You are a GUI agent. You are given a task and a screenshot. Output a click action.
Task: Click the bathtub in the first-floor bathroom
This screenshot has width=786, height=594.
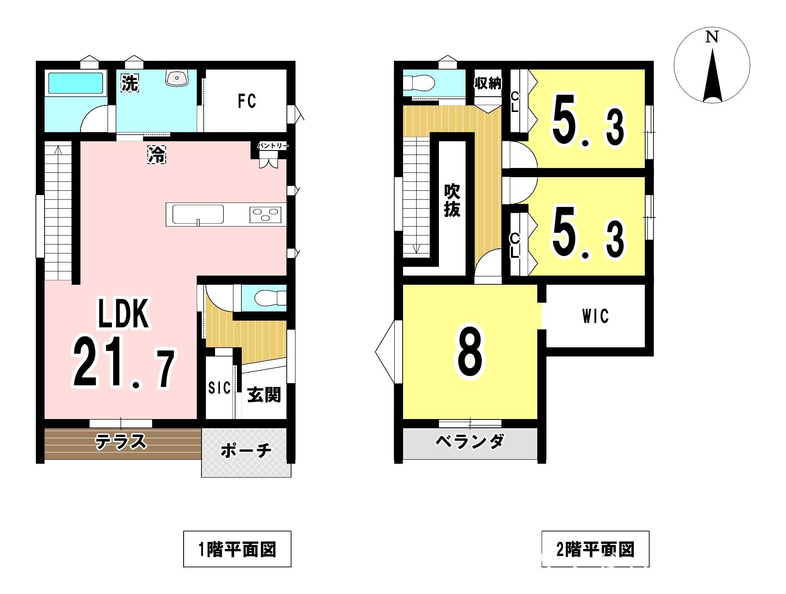tap(76, 83)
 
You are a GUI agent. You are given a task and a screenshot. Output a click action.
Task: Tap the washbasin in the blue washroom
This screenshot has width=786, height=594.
tap(177, 77)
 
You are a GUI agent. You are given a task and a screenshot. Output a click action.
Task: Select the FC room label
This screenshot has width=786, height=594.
tap(247, 101)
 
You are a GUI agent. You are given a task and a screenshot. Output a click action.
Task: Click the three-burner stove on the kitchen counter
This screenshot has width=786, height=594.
tap(265, 214)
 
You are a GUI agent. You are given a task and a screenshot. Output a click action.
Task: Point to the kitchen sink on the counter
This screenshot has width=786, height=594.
tap(198, 214)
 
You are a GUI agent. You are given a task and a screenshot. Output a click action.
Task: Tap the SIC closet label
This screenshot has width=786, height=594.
tap(219, 388)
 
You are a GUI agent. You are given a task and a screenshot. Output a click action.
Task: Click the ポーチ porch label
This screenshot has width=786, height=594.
tap(246, 451)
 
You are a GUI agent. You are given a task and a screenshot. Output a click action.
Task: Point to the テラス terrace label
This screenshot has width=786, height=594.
tap(121, 442)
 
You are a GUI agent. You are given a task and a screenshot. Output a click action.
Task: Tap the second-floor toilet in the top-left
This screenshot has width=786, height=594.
tap(418, 82)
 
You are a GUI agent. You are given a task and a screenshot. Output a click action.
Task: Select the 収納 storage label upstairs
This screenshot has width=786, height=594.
tap(488, 83)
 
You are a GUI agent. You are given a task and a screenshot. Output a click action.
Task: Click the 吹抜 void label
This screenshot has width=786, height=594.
tap(452, 201)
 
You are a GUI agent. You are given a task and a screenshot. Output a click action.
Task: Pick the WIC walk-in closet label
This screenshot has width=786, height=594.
tap(595, 316)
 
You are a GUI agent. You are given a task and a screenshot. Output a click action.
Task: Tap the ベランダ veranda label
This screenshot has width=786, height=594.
tap(470, 442)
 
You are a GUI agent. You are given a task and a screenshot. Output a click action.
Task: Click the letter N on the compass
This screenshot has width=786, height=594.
tap(712, 37)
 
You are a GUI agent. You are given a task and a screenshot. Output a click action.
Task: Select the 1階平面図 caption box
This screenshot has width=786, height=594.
tap(237, 549)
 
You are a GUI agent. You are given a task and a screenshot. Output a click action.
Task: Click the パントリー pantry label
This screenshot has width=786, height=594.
tap(273, 146)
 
